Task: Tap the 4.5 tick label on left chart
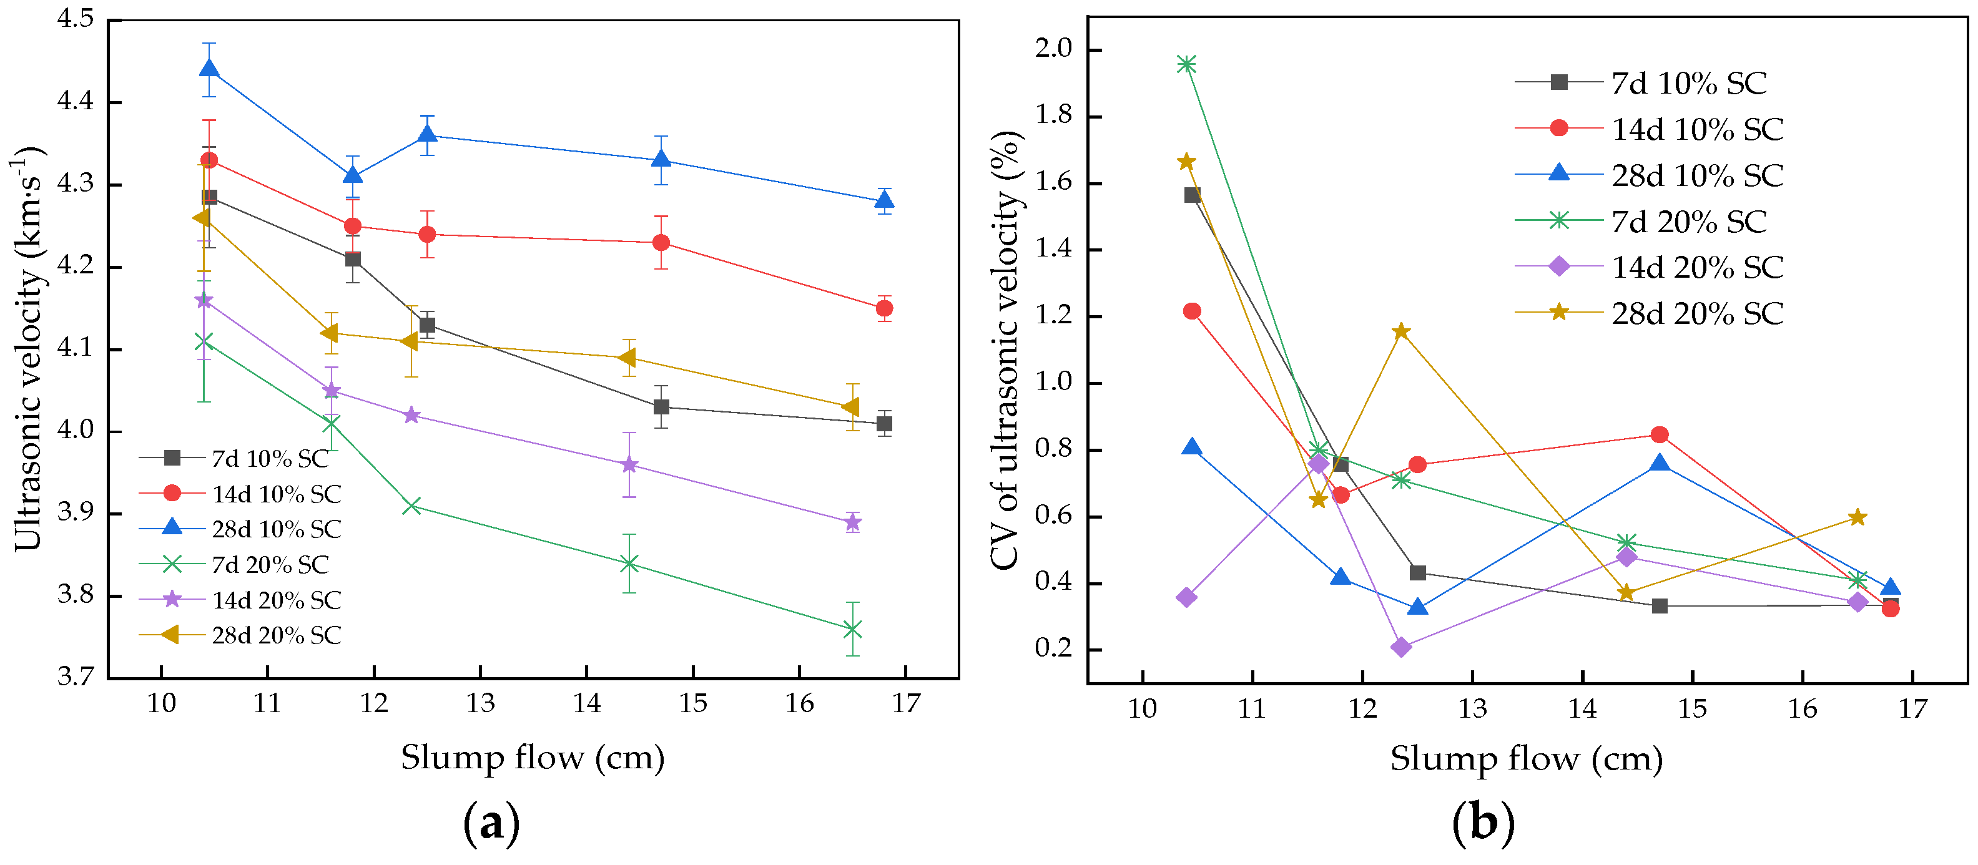[76, 19]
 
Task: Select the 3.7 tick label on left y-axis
[76, 676]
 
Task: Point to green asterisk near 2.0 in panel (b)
[1186, 64]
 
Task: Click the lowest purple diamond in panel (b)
[1401, 647]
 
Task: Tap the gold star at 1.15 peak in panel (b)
[1401, 331]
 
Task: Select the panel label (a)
[491, 823]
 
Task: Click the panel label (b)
[1483, 823]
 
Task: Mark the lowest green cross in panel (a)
[852, 629]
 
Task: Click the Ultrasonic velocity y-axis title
[27, 349]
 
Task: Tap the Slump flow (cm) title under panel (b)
[1526, 759]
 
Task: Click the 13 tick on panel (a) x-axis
[481, 702]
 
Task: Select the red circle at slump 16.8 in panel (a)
[884, 308]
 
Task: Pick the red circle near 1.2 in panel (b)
[1192, 311]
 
